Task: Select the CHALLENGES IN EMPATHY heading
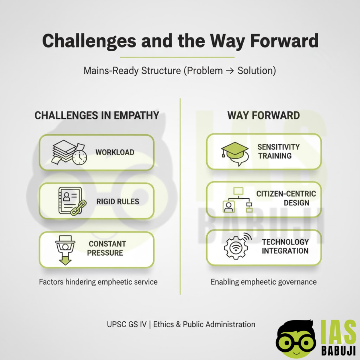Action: tap(97, 115)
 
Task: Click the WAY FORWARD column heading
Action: tap(264, 115)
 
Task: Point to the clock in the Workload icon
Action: tap(79, 157)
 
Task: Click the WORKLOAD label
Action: tap(115, 152)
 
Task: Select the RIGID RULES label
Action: tap(118, 202)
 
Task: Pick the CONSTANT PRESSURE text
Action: tap(106, 248)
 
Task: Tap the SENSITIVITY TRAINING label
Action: tap(278, 151)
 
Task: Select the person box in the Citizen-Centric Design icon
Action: tap(229, 207)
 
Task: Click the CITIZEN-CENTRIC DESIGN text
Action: tap(286, 198)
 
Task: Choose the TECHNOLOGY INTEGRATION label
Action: tap(285, 246)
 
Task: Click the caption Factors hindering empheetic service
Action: tap(98, 282)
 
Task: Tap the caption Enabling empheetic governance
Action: tap(264, 282)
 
